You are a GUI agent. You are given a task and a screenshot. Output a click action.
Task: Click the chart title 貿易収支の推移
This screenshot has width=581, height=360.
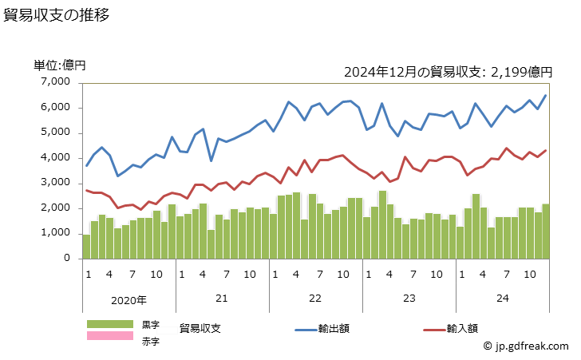coord(57,15)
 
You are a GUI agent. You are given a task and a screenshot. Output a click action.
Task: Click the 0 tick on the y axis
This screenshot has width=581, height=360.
coord(69,259)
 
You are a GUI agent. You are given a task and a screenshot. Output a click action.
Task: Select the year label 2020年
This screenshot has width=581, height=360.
coord(128,300)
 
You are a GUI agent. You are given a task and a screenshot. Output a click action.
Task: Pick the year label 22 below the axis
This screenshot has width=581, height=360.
coord(314,298)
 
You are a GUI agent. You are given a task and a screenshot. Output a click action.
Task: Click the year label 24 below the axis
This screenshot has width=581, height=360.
coord(502,298)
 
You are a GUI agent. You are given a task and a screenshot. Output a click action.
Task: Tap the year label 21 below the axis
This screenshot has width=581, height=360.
coord(222,298)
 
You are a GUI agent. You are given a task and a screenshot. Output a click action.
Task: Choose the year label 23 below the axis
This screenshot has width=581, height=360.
coord(408,298)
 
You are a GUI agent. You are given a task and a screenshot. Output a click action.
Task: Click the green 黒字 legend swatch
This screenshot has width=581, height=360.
coord(111,324)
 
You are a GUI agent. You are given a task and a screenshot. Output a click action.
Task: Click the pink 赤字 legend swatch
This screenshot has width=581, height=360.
coord(111,336)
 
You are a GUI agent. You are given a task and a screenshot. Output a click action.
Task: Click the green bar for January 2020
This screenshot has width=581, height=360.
coord(86,247)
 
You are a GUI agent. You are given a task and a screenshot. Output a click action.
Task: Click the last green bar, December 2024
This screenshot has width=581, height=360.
coord(545,231)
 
